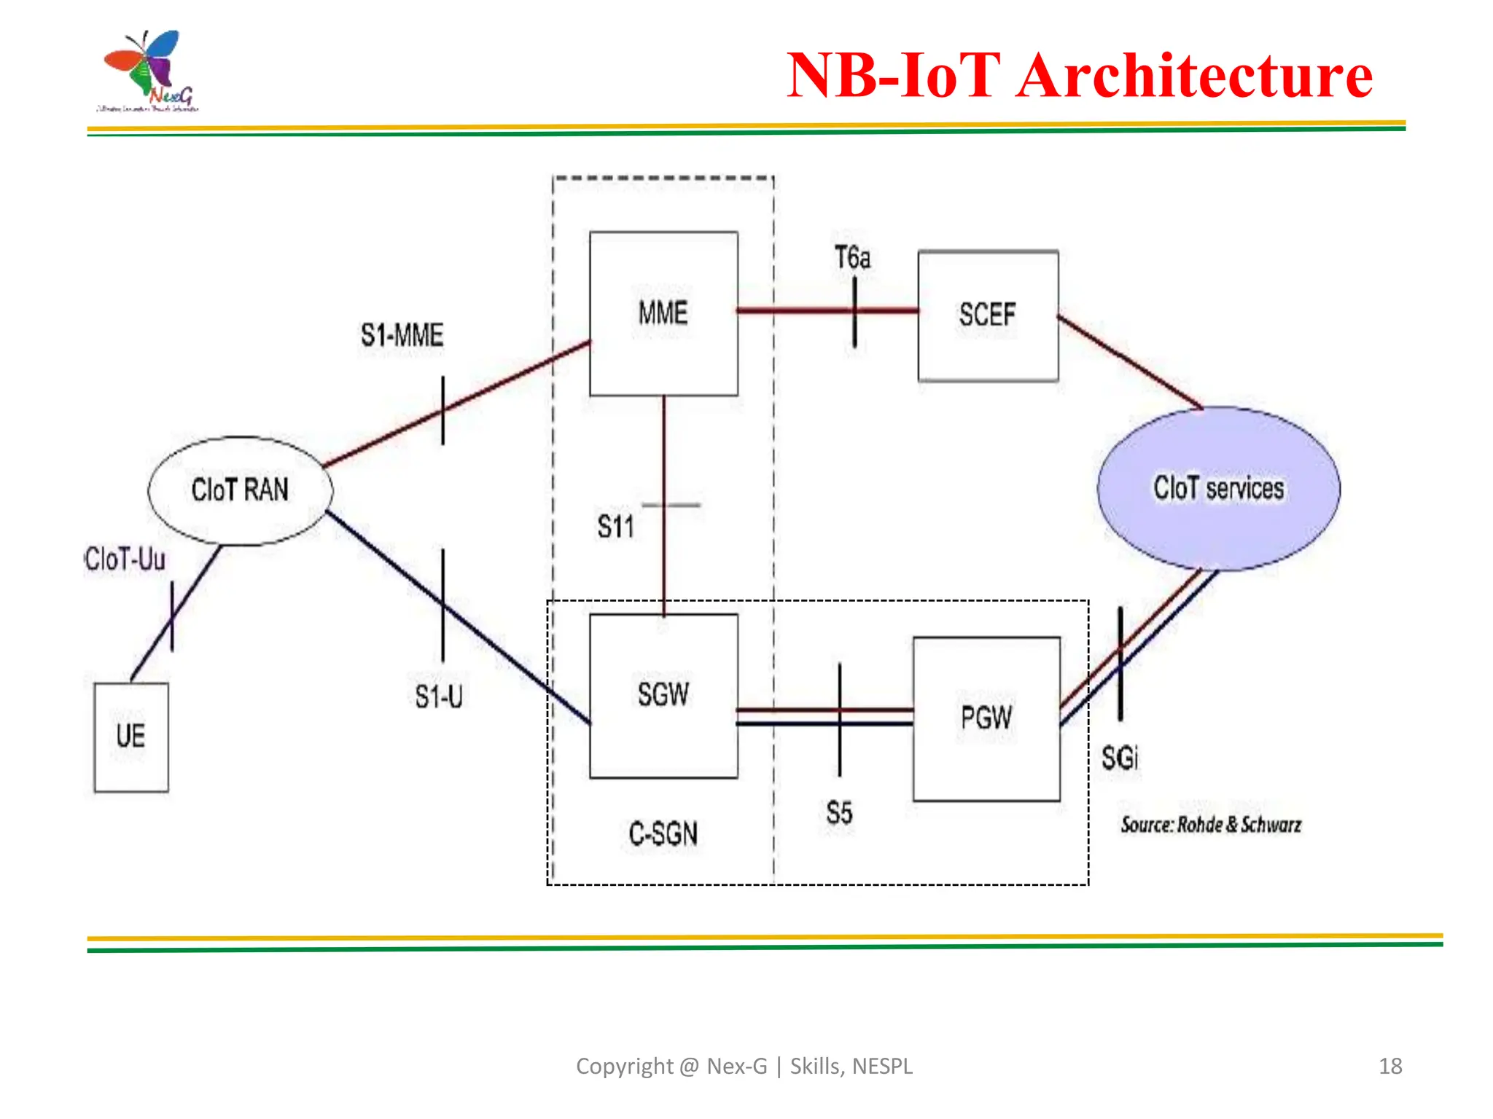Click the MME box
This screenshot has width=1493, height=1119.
point(663,313)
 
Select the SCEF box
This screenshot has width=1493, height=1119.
point(988,315)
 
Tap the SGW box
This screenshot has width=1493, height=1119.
point(663,695)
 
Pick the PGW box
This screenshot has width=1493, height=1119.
point(986,718)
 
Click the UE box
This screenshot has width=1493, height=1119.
point(131,737)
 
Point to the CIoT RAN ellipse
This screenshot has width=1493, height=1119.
point(240,490)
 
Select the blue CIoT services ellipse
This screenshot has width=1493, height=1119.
point(1218,488)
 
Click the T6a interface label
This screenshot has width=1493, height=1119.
point(852,258)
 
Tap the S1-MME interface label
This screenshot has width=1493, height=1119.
point(402,336)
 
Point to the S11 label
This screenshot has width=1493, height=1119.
point(615,527)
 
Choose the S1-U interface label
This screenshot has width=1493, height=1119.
point(439,697)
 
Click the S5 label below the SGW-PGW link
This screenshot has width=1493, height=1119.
point(839,813)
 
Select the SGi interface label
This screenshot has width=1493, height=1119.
point(1120,758)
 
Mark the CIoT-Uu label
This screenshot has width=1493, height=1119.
point(125,559)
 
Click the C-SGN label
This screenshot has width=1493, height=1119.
point(663,834)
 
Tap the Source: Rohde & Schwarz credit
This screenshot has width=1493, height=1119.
point(1211,825)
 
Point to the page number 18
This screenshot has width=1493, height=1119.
point(1390,1067)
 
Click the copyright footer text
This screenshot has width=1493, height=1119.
point(744,1067)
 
